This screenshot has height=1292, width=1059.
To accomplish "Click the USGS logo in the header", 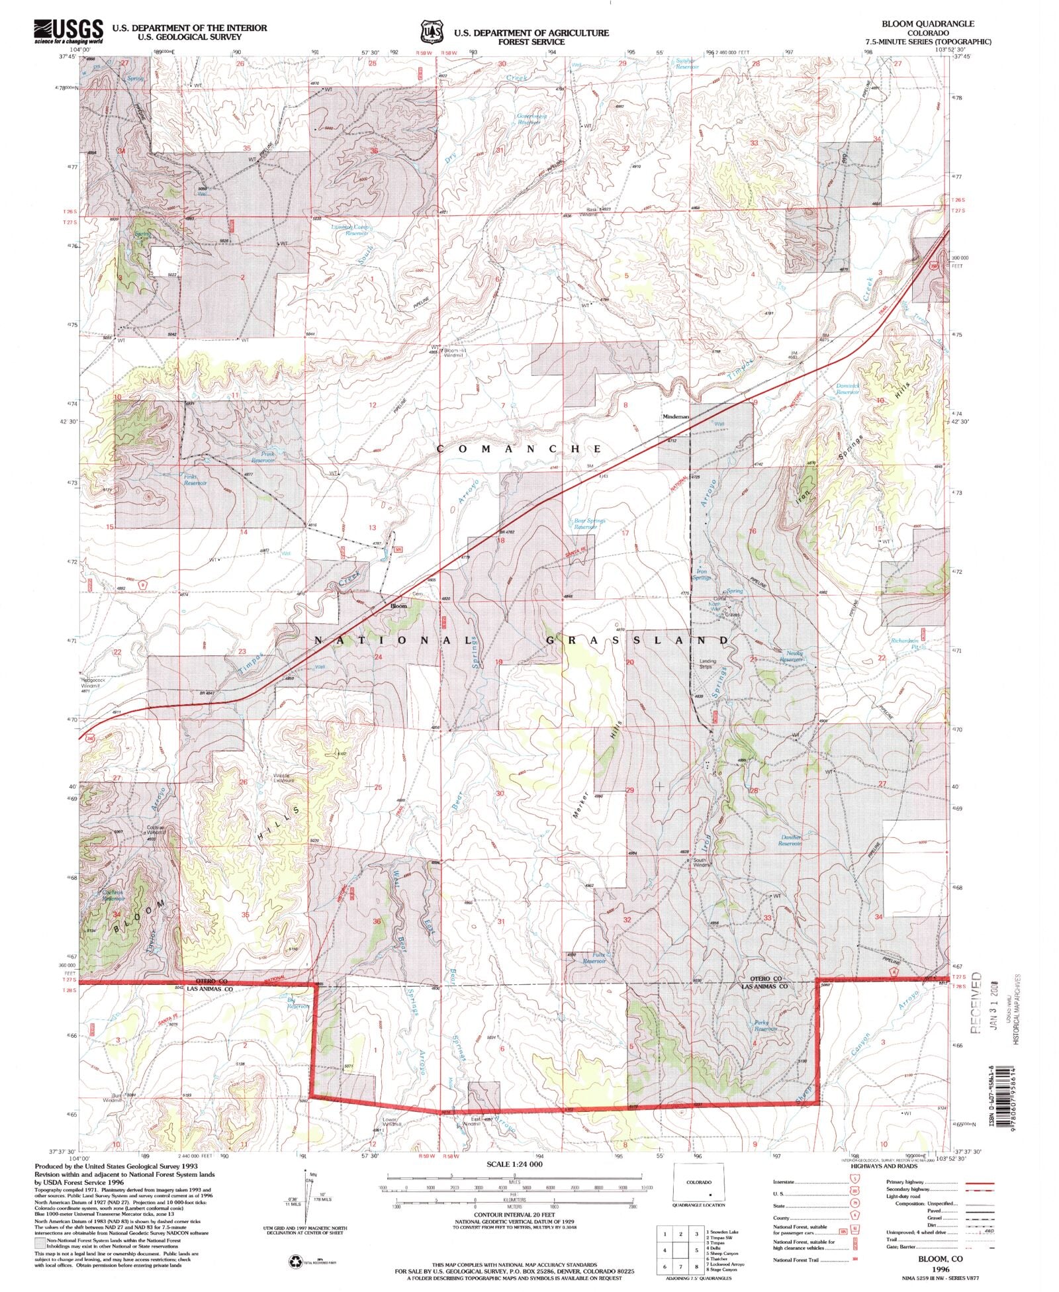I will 68,31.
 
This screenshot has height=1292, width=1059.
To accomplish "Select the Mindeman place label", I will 676,416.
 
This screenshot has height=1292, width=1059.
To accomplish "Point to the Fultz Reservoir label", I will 594,958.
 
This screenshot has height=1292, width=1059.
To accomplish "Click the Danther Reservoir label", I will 790,840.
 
